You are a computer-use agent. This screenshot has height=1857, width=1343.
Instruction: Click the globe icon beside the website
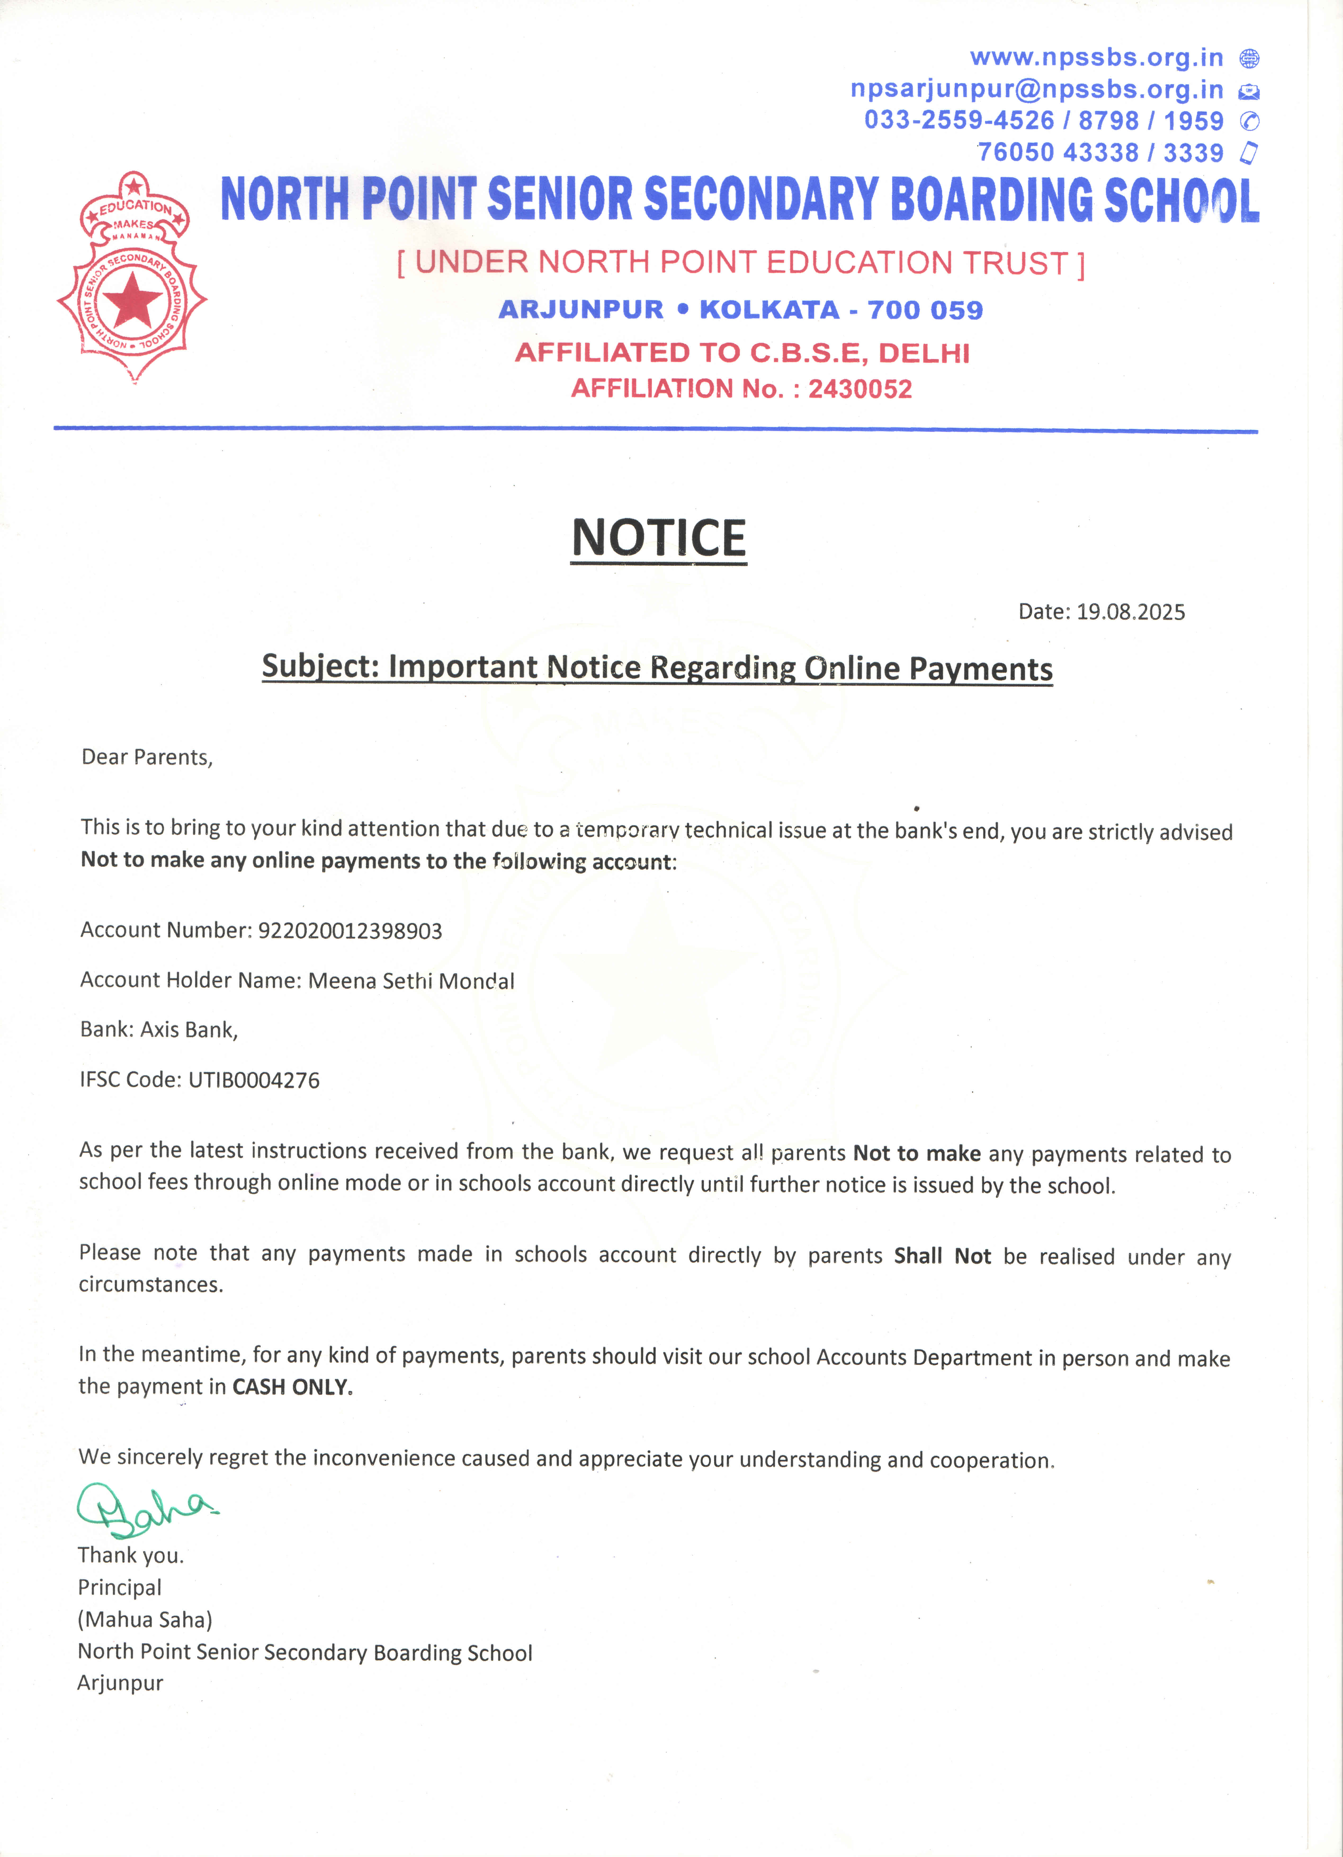(1249, 59)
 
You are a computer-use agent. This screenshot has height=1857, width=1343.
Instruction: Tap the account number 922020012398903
(350, 931)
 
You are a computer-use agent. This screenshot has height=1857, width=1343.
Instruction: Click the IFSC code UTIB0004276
(254, 1080)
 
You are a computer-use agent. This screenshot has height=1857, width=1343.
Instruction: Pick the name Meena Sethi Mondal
(411, 981)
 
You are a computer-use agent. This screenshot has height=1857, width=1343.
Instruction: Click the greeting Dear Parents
(146, 757)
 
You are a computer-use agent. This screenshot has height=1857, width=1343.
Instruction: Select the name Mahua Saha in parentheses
(145, 1620)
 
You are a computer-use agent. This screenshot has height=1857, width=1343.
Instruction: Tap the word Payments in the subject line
(981, 669)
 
